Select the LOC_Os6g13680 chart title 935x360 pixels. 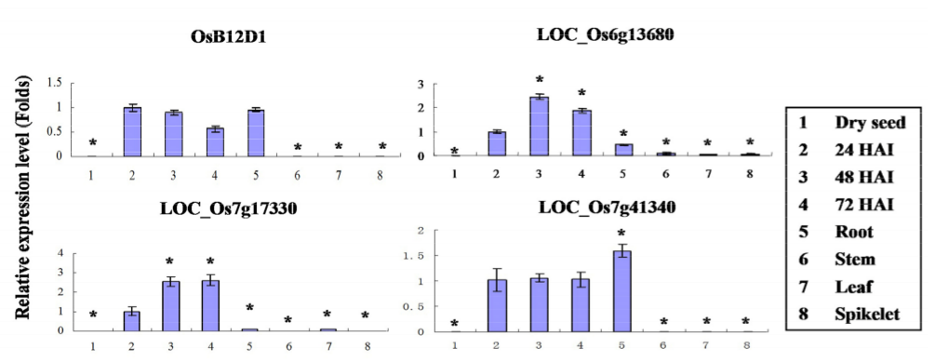tap(606, 35)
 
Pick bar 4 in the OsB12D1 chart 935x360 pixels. tap(215, 141)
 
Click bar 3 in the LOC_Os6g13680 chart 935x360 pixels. tap(539, 127)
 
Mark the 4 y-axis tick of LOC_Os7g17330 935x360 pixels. tap(59, 253)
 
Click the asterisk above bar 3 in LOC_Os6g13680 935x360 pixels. tap(539, 80)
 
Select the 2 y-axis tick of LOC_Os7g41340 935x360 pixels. tap(421, 230)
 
